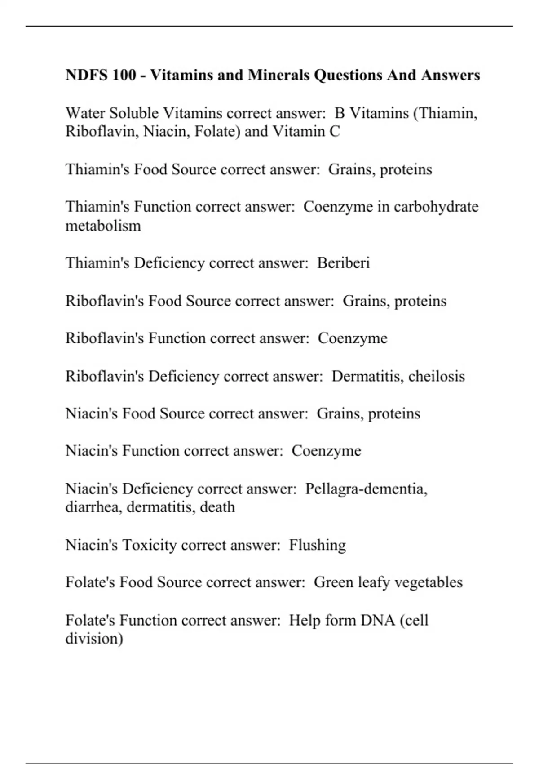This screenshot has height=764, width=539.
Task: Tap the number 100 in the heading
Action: tap(124, 75)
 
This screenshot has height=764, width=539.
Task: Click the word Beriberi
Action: tap(343, 263)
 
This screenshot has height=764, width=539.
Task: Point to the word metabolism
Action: tap(103, 225)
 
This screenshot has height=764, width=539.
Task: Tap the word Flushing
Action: tap(317, 545)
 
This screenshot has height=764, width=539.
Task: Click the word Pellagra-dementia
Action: tap(366, 489)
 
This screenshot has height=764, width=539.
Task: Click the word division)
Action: tap(94, 639)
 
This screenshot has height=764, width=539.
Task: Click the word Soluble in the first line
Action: tap(134, 113)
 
